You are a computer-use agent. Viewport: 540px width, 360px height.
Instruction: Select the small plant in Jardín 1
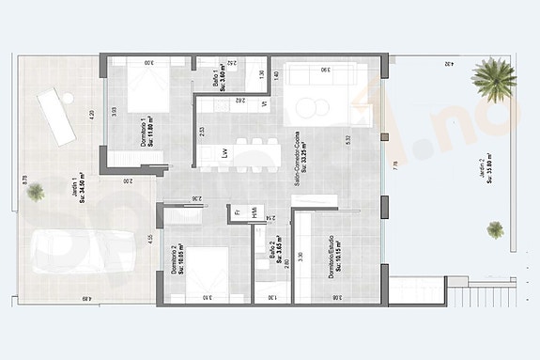(x=36, y=193)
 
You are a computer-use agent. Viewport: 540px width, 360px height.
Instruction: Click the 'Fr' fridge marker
(x=238, y=212)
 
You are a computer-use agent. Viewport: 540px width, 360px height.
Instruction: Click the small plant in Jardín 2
(x=494, y=228)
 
